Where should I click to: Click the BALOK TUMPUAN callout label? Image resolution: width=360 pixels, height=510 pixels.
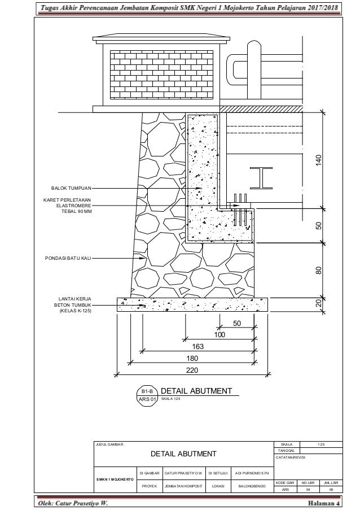click(71, 188)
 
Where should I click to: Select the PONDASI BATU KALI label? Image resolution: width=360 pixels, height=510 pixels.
click(68, 258)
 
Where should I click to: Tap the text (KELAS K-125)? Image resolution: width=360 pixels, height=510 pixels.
click(76, 311)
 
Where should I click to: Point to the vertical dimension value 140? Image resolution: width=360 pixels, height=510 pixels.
click(318, 160)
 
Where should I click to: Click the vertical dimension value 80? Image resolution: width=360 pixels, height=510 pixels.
click(318, 271)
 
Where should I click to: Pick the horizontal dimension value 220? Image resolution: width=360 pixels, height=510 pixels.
click(192, 370)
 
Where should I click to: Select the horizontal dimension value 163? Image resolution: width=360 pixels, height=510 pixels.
click(197, 346)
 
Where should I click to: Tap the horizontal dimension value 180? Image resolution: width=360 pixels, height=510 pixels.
click(192, 359)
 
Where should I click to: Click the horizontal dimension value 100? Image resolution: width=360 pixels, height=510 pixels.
click(219, 335)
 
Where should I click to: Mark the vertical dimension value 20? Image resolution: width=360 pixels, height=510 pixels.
click(318, 303)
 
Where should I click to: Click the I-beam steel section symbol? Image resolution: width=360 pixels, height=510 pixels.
click(261, 178)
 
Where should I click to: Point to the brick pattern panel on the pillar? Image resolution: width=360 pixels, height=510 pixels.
click(162, 75)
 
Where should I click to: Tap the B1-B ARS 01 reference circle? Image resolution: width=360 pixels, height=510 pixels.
click(147, 395)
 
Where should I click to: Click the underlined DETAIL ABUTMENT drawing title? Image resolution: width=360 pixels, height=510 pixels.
click(196, 391)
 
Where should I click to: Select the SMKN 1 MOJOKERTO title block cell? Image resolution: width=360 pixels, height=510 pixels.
click(115, 480)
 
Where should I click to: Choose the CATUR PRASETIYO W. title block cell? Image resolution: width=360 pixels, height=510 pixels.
click(183, 473)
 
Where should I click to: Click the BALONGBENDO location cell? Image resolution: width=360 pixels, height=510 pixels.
click(252, 486)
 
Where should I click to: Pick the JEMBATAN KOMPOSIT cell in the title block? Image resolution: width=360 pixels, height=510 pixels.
click(183, 486)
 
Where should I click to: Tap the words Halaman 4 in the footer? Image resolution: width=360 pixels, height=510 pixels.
click(324, 503)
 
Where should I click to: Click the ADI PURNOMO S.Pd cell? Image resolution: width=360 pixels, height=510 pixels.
click(252, 473)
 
